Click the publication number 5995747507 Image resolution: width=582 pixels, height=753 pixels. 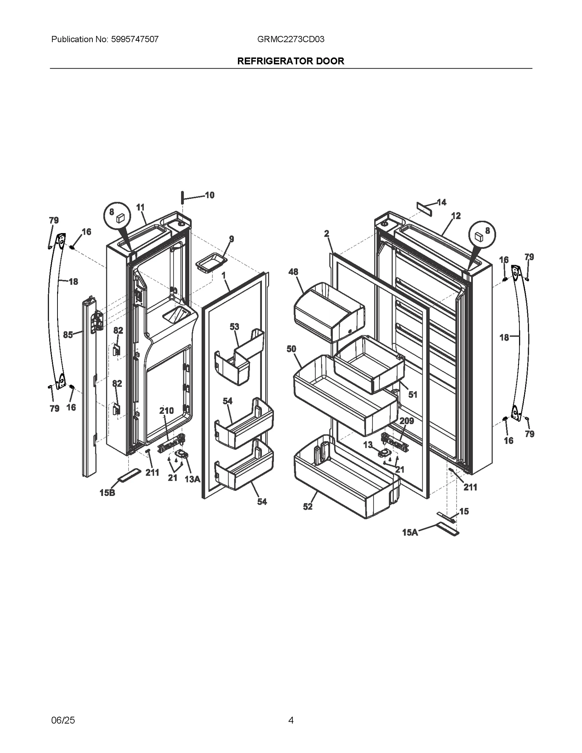tap(133, 39)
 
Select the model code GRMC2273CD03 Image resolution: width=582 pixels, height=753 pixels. tap(291, 39)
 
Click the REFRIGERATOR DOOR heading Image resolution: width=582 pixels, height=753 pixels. tap(291, 61)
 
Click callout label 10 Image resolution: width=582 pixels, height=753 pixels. tap(210, 195)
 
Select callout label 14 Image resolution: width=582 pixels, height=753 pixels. tap(441, 202)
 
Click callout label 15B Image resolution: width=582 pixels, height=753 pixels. tap(107, 493)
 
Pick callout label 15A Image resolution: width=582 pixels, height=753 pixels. tap(410, 532)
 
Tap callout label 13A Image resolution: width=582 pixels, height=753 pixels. tap(192, 479)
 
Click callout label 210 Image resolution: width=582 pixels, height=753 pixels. tap(167, 411)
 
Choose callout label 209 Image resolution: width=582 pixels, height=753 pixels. tap(407, 421)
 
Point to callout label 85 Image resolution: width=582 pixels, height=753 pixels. tap(68, 335)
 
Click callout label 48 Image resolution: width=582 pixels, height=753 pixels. tap(293, 272)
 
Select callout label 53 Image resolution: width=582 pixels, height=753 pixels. tap(234, 327)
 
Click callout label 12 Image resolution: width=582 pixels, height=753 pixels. tap(456, 216)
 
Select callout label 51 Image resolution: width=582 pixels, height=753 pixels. tap(412, 394)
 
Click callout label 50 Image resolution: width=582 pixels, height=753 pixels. tap(291, 349)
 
